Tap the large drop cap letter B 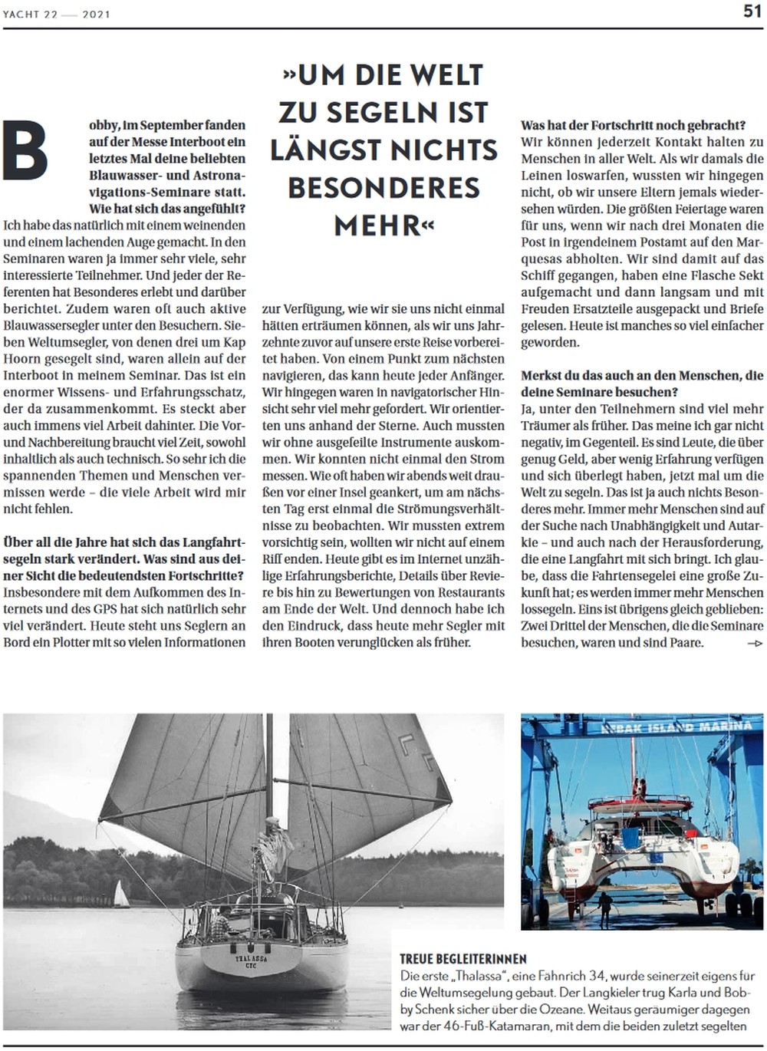(25, 151)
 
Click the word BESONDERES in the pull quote (383, 188)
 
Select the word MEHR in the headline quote (378, 226)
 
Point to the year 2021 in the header (96, 14)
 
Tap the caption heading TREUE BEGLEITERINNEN (463, 959)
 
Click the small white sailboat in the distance (120, 895)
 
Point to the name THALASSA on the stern (251, 959)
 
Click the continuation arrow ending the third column (755, 644)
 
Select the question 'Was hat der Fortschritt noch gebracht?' (633, 125)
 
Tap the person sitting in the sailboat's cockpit (222, 919)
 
